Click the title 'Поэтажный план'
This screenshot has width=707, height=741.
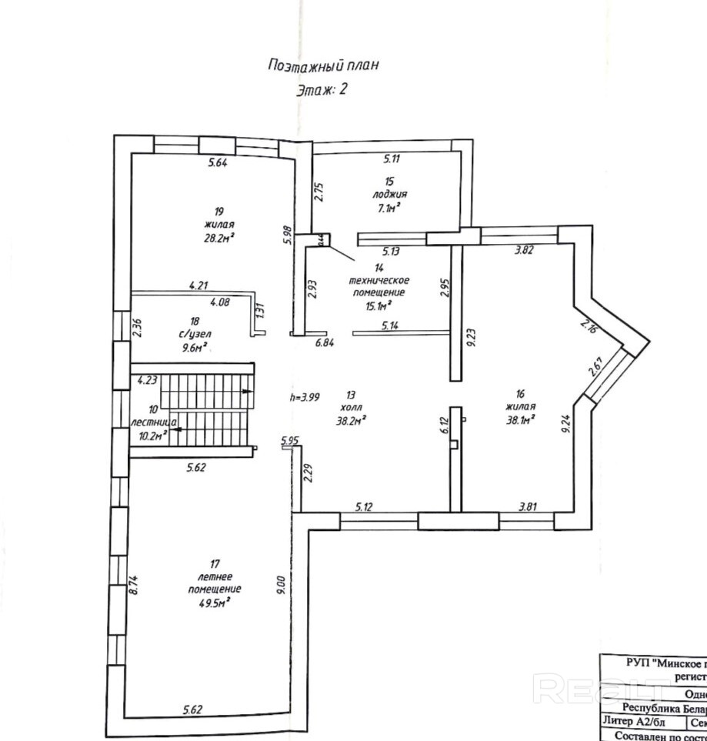[323, 65]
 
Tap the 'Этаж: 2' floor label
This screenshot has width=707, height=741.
[322, 89]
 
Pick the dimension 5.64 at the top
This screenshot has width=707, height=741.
[218, 162]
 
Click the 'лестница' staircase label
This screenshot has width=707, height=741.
[155, 422]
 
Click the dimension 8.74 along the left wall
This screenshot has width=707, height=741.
[133, 588]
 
